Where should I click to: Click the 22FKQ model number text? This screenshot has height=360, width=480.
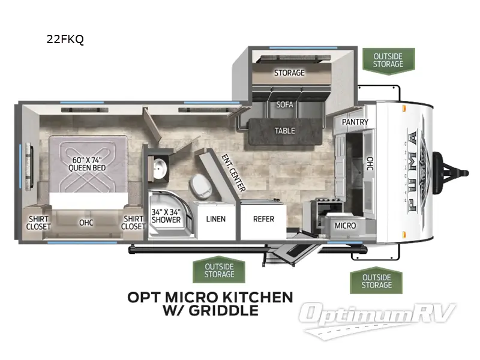65,40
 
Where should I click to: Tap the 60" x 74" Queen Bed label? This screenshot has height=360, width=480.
86,163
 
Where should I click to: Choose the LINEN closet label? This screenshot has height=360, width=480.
215,219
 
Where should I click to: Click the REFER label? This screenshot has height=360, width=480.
263,219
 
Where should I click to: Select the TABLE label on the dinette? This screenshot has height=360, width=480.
284,130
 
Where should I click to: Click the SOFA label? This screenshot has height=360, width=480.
284,104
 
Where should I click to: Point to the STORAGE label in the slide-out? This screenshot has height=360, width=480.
289,73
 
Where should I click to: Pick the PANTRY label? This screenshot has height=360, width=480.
355,122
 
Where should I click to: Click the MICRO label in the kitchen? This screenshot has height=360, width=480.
345,226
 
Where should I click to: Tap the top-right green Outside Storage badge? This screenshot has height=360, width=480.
388,61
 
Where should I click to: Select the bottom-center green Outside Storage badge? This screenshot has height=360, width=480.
219,270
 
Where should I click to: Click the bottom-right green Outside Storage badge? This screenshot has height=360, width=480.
376,281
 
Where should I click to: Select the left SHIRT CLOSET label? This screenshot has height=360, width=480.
38,223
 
